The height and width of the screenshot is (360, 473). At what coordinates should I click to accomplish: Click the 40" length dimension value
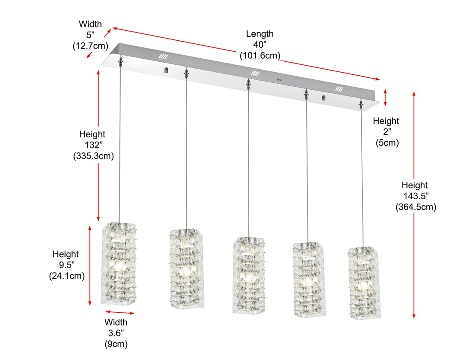tap(260, 45)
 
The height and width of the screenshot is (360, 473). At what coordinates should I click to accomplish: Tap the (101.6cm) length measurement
tap(260, 56)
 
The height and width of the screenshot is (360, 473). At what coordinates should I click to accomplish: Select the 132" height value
tap(94, 145)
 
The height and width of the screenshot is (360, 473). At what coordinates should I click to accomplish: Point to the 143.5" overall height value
tap(416, 196)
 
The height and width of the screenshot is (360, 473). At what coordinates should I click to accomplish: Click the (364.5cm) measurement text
tap(416, 207)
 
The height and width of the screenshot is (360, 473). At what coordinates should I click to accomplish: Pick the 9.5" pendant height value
tap(67, 265)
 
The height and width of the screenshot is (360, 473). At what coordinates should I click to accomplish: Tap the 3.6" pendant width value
tap(116, 333)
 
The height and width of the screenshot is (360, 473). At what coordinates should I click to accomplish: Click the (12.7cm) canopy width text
tap(90, 46)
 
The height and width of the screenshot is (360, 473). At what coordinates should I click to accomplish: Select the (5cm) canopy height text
tap(387, 143)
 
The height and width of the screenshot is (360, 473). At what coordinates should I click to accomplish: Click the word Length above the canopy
tap(260, 34)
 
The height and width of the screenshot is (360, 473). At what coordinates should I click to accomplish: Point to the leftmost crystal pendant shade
tap(118, 264)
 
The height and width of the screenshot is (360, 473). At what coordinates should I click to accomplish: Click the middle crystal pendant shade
tap(249, 275)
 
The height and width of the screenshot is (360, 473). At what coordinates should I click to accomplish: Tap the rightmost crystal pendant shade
tap(364, 283)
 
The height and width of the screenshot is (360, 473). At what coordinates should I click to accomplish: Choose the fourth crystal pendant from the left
tap(309, 279)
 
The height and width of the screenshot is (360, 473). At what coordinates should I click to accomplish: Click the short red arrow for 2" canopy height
tap(385, 98)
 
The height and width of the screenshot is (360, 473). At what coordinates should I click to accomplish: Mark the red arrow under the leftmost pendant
tap(120, 313)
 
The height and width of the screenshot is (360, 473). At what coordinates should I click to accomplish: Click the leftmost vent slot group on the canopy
tap(163, 56)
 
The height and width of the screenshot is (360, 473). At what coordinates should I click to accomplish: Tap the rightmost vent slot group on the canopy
tap(339, 89)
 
